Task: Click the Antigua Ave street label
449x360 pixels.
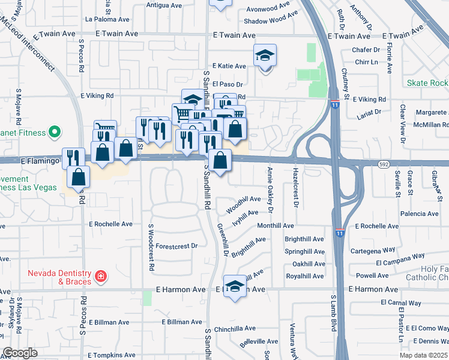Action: point(164,5)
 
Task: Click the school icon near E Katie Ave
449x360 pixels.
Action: point(265,56)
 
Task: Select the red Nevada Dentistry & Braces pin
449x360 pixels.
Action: point(101,277)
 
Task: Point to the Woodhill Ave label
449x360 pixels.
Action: point(243,203)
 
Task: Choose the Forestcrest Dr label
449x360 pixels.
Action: point(176,246)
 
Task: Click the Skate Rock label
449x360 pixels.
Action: point(427,83)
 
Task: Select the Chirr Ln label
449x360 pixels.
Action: point(366,62)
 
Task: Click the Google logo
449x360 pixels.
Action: point(20,352)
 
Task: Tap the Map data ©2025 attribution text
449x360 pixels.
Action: point(423,355)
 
